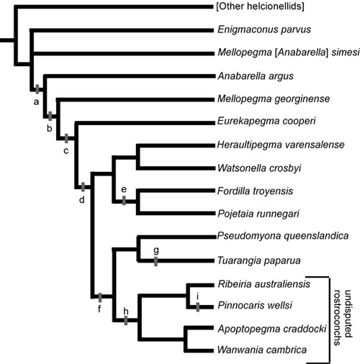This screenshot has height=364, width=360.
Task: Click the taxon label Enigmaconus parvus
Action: [264, 29]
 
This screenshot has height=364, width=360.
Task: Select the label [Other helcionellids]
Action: [260, 6]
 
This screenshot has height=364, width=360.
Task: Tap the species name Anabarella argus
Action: [256, 76]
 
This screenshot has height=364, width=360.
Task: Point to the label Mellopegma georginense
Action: [274, 99]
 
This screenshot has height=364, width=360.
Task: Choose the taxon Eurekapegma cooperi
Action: [266, 121]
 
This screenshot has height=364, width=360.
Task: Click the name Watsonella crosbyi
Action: [259, 168]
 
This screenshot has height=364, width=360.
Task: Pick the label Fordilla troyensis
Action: [255, 191]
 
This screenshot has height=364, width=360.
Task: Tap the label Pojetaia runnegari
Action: [258, 214]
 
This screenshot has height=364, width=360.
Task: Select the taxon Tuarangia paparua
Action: [259, 260]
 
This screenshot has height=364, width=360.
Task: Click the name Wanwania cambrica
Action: [262, 350]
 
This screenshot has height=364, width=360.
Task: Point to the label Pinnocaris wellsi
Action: [255, 305]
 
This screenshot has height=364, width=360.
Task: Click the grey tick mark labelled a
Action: [37, 89]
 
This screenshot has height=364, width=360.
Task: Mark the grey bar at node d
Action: [83, 187]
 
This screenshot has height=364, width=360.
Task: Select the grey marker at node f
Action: [100, 298]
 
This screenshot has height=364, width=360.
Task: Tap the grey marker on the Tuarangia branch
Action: [156, 261]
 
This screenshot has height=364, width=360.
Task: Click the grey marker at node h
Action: [126, 320]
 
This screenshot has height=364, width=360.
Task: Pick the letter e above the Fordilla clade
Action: [124, 189]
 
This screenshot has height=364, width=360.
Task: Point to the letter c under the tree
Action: [66, 151]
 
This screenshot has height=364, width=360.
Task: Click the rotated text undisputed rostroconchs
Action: [343, 318]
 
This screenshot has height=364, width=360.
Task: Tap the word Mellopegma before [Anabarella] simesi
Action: [245, 53]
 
